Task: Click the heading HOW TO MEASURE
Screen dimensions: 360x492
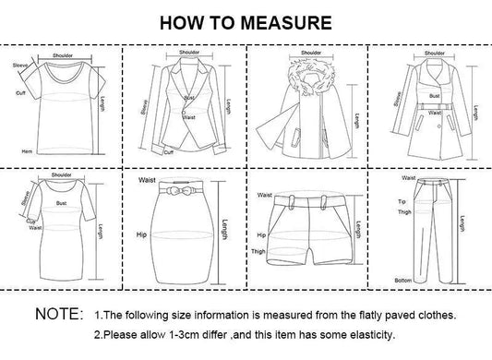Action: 245,21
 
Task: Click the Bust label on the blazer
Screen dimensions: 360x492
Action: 188,97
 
